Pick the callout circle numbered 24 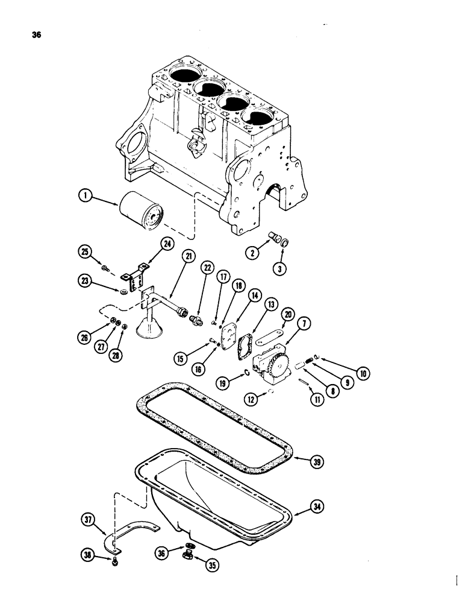tap(149, 244)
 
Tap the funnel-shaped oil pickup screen tap(148, 326)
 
